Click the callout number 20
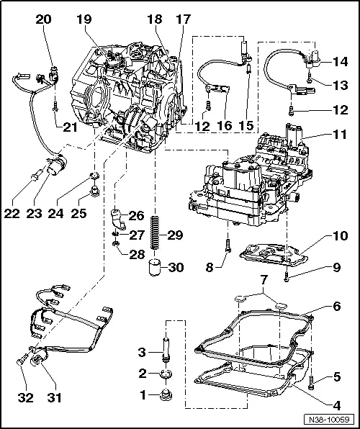click(x=42, y=21)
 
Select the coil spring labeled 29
click(x=153, y=235)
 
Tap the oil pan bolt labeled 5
click(x=311, y=381)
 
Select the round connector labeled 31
click(x=42, y=366)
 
